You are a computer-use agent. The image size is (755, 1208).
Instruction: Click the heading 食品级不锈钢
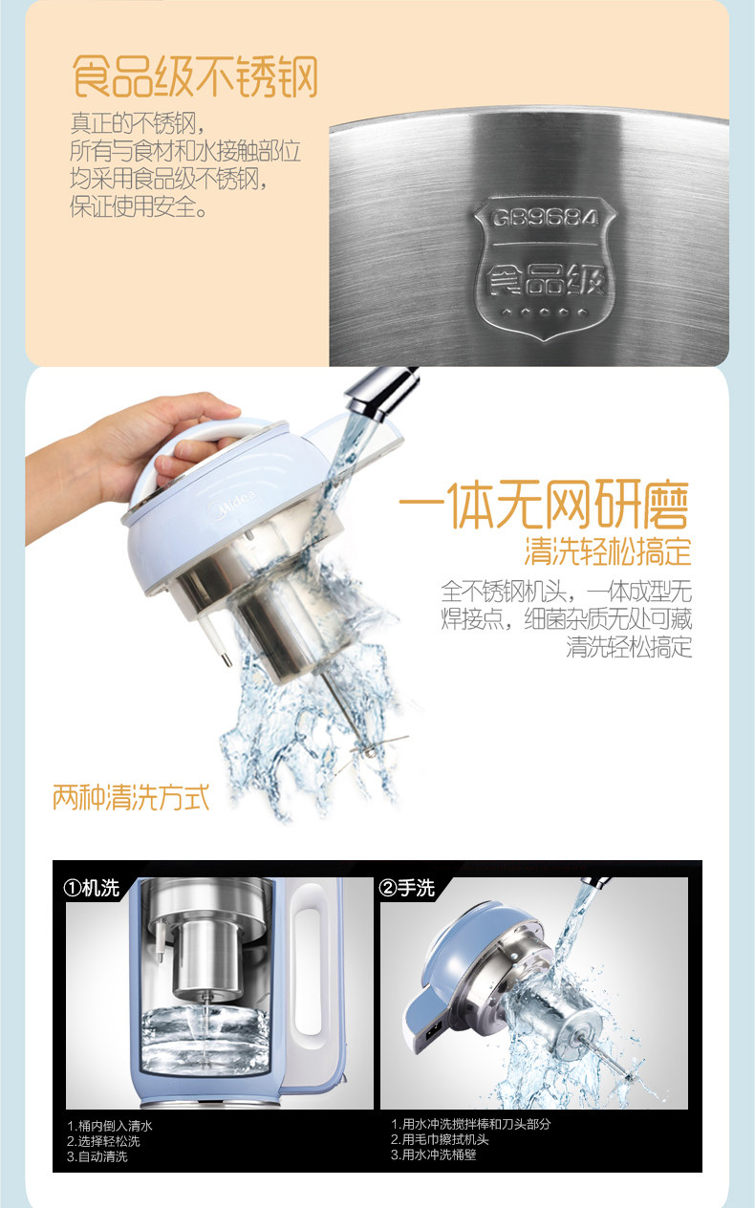pyautogui.click(x=195, y=76)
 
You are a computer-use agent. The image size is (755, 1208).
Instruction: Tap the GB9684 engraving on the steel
pyautogui.click(x=544, y=219)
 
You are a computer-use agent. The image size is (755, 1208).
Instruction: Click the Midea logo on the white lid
pyautogui.click(x=234, y=506)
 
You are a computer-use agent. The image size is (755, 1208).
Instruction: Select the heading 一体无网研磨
pyautogui.click(x=544, y=506)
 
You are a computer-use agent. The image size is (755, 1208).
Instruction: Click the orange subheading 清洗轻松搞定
pyautogui.click(x=608, y=551)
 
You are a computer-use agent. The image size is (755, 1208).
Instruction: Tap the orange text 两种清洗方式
pyautogui.click(x=131, y=797)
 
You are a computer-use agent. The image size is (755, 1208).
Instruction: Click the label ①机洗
pyautogui.click(x=91, y=887)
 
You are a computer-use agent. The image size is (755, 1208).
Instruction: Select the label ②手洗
pyautogui.click(x=406, y=887)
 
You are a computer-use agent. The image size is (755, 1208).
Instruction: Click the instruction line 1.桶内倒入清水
pyautogui.click(x=110, y=1126)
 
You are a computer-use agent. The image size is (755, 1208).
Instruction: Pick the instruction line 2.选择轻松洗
pyautogui.click(x=103, y=1141)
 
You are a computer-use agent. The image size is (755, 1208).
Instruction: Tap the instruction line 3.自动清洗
pyautogui.click(x=97, y=1156)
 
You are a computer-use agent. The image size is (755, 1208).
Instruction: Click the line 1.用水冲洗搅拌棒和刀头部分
pyautogui.click(x=471, y=1124)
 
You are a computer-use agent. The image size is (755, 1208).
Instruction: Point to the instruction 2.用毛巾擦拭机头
pyautogui.click(x=440, y=1139)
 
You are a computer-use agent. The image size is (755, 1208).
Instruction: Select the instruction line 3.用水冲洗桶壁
pyautogui.click(x=434, y=1154)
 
